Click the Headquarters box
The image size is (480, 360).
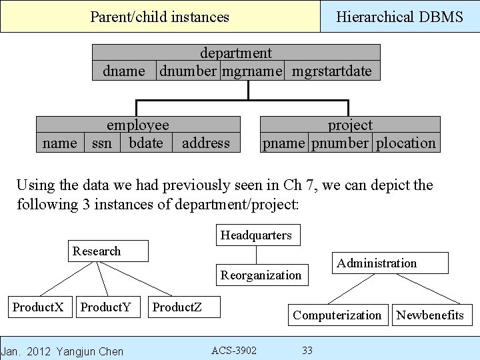257,235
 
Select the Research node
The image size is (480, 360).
109,251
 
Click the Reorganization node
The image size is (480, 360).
261,275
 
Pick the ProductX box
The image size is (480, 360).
38,307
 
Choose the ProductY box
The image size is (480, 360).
106,307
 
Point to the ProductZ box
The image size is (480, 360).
177,307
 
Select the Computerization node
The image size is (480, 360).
337,315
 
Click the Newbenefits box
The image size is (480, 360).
431,315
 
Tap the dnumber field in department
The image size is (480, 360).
187,71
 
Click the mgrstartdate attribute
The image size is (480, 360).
332,71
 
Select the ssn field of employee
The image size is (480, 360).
102,143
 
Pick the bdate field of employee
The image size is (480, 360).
146,143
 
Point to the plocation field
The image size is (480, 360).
406,143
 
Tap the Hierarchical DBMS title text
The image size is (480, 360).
399,17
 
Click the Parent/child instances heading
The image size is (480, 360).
159,17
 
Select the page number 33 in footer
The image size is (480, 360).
307,350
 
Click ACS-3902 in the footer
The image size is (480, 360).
233,350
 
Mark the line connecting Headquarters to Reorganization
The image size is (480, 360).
257,255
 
